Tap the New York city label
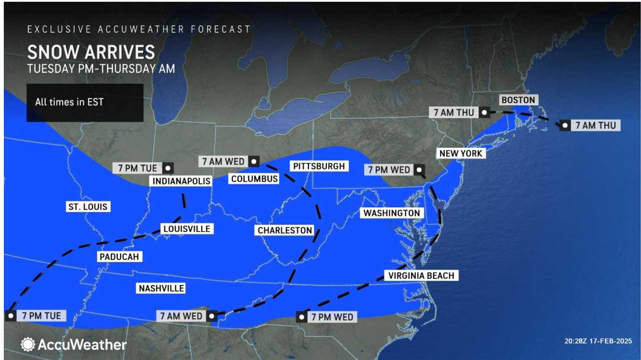pos(460,153)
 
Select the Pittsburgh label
pos(319,166)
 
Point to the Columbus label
pos(254,179)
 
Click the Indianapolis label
pos(181,181)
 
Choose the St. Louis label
pos(88,206)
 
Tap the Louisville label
pos(186,229)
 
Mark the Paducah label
pos(119,256)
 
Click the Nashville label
pos(161,288)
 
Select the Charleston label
pos(284,230)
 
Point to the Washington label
pos(392,213)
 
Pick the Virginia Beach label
pos(421,275)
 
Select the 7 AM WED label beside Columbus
pos(223,161)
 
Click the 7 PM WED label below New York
pos(389,170)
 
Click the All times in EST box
pos(85,102)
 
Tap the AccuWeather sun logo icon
pos(28,344)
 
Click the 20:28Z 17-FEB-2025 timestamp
pos(598,341)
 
